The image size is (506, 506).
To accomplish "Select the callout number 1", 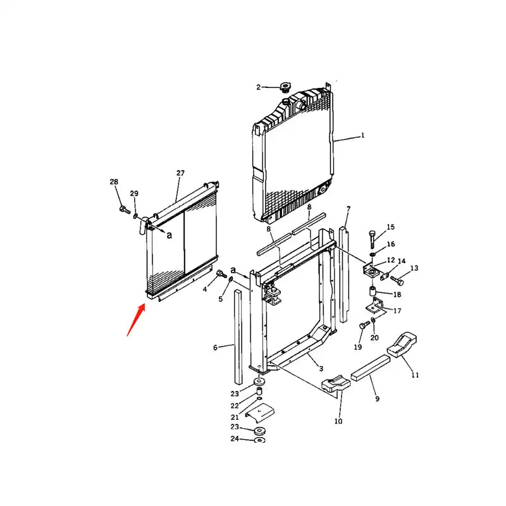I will (x=363, y=135).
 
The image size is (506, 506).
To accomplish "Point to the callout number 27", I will (x=180, y=173).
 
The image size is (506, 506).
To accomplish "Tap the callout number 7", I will (x=349, y=209).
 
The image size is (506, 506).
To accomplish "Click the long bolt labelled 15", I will (x=373, y=239).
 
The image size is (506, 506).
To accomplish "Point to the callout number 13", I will (x=414, y=268).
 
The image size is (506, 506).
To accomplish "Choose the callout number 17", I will (x=397, y=311).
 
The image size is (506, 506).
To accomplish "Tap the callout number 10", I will (x=338, y=421).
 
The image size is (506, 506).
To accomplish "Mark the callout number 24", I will (x=235, y=438).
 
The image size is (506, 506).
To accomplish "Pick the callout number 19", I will (x=357, y=347).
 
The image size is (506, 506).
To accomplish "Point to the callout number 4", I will (x=205, y=290).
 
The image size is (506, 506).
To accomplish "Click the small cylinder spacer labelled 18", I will (x=373, y=292).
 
